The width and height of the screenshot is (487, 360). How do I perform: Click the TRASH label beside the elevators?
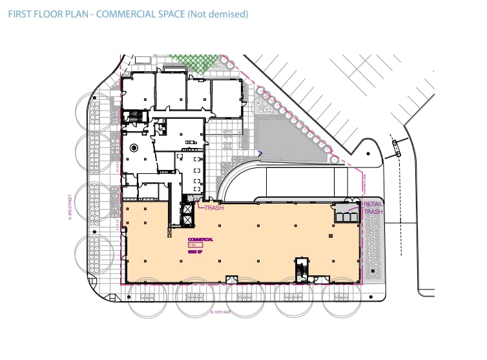click(214, 208)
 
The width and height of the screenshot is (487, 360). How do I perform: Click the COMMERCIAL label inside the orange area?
click(201, 240)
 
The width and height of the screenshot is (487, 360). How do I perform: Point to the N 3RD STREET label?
click(70, 209)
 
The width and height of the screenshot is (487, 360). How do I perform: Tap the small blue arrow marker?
click(260, 154)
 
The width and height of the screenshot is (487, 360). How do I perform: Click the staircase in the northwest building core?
click(136, 116)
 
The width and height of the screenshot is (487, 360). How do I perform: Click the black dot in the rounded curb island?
click(369, 154)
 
